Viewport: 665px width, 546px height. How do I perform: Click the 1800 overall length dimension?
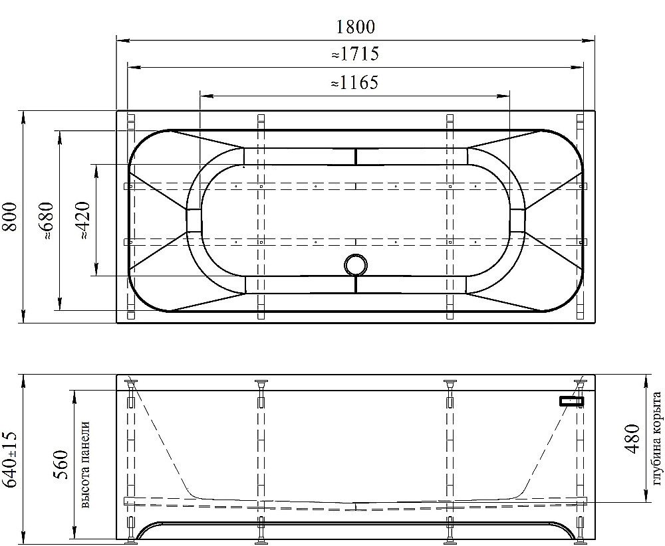tap(355, 27)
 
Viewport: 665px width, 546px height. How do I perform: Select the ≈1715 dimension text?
tap(355, 54)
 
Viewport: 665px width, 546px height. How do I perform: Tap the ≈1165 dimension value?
tap(355, 82)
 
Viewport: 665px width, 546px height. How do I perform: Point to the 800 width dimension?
tap(10, 217)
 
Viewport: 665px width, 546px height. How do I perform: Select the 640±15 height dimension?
tap(10, 459)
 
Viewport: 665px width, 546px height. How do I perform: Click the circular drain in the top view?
tap(356, 265)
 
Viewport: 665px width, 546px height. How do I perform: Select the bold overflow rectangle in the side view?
tap(571, 401)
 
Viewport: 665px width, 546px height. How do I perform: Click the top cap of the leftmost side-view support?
tap(131, 382)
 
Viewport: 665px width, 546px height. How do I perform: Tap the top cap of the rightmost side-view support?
tap(580, 382)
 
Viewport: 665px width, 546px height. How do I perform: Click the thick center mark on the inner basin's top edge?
tap(356, 156)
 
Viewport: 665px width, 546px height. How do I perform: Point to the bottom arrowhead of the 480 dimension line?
tap(644, 499)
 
